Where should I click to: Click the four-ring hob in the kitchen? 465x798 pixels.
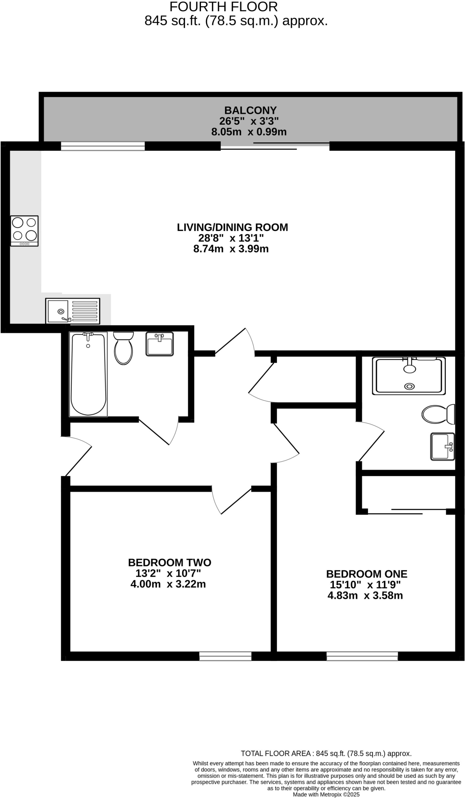click(x=25, y=230)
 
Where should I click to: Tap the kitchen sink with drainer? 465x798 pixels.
click(x=73, y=311)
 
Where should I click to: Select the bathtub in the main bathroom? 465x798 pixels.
click(x=89, y=374)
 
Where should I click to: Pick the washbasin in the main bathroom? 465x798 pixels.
click(x=160, y=344)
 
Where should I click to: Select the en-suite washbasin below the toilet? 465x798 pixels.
click(x=442, y=446)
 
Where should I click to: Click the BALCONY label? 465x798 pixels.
click(x=250, y=110)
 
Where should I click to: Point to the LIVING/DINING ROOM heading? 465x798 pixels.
click(x=232, y=227)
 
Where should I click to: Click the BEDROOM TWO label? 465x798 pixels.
click(x=169, y=563)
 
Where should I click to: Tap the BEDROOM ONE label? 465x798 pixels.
click(x=366, y=574)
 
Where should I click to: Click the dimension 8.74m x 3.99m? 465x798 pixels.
click(x=231, y=249)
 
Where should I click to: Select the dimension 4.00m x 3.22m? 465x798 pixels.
click(x=168, y=584)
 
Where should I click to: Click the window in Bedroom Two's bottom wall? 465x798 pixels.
click(x=225, y=657)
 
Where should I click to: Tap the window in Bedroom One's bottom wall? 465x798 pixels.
click(x=362, y=657)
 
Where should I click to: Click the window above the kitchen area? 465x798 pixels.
click(x=103, y=146)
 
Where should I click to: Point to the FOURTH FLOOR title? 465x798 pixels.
click(x=224, y=7)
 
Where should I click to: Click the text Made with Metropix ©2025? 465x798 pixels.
click(x=326, y=794)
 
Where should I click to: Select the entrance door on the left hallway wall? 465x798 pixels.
click(x=76, y=456)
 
